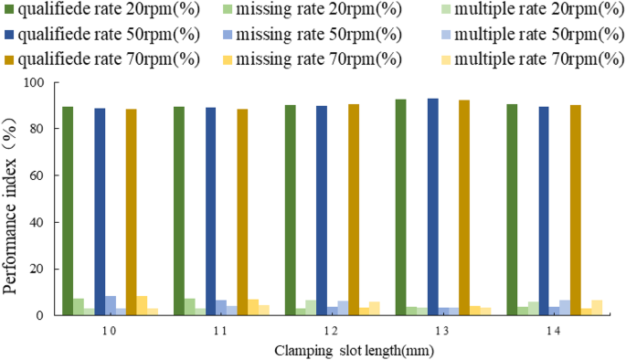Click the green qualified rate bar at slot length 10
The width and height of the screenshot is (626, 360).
point(68,211)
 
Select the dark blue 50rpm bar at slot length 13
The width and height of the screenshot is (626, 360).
point(432,207)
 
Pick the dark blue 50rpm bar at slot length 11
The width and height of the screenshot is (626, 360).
point(211,211)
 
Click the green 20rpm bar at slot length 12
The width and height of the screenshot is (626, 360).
point(290,210)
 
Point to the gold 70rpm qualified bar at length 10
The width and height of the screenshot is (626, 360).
point(132,212)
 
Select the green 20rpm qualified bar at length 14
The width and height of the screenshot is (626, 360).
point(512,210)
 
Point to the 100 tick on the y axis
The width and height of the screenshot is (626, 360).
point(34,82)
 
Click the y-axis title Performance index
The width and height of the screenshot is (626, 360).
point(11,197)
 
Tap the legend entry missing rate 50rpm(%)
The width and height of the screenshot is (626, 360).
point(315,36)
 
